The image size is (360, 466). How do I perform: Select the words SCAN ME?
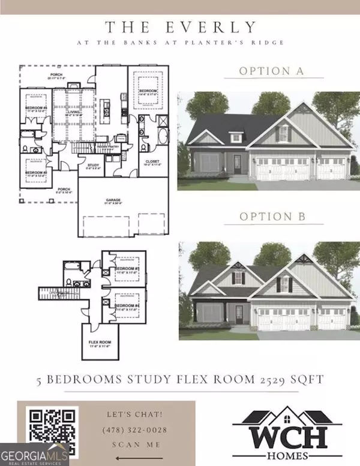[136, 444]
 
